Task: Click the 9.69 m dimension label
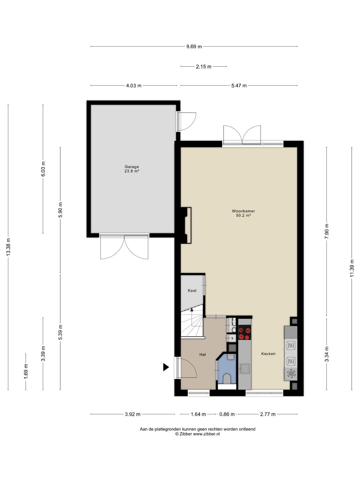(194, 47)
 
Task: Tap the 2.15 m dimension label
(203, 66)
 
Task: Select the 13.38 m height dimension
(8, 247)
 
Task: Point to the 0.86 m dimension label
(227, 414)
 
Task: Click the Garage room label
(132, 167)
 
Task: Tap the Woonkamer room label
(243, 211)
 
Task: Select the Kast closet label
(192, 290)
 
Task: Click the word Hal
(202, 354)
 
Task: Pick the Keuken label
(268, 354)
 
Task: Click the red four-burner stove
(244, 334)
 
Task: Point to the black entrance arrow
(166, 367)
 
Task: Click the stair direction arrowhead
(192, 309)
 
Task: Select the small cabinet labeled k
(232, 338)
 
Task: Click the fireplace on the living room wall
(186, 225)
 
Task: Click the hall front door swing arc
(188, 367)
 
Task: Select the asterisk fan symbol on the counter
(291, 373)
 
